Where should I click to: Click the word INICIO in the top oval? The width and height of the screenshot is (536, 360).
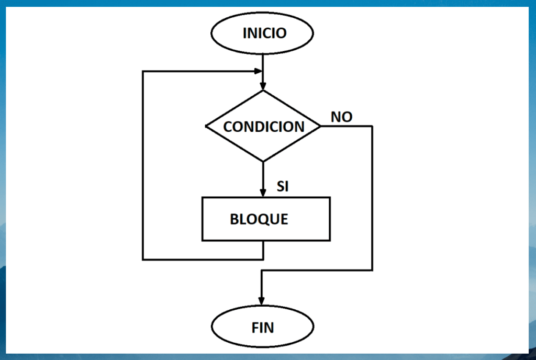coord(264,33)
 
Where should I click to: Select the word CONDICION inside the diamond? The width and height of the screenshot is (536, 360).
coord(263,127)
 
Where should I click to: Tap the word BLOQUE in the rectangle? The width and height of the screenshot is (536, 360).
coord(259,219)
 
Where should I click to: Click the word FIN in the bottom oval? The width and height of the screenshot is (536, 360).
coord(263,328)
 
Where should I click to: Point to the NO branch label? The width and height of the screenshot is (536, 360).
coord(341,117)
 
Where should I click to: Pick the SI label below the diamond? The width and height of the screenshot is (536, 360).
coord(283,186)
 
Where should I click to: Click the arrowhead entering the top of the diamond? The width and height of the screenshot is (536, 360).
coord(263,86)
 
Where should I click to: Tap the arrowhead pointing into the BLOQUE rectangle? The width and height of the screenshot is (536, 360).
coord(263,193)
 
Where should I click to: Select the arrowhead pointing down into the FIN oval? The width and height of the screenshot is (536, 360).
coord(261,300)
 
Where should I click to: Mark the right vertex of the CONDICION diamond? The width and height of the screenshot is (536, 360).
coord(320,126)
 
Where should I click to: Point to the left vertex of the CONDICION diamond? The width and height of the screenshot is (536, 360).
coord(206,126)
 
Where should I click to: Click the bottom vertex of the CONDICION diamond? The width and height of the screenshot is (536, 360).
coord(263,161)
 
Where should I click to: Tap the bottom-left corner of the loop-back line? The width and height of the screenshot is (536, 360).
coord(143,258)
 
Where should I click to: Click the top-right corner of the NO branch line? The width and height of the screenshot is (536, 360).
coord(372,126)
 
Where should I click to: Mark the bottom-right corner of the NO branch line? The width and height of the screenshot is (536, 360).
coord(372,270)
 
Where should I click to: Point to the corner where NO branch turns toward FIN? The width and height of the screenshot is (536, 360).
coord(261,270)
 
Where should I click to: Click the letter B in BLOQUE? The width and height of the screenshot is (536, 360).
coord(234,219)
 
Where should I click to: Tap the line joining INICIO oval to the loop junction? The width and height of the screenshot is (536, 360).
coord(263,62)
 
